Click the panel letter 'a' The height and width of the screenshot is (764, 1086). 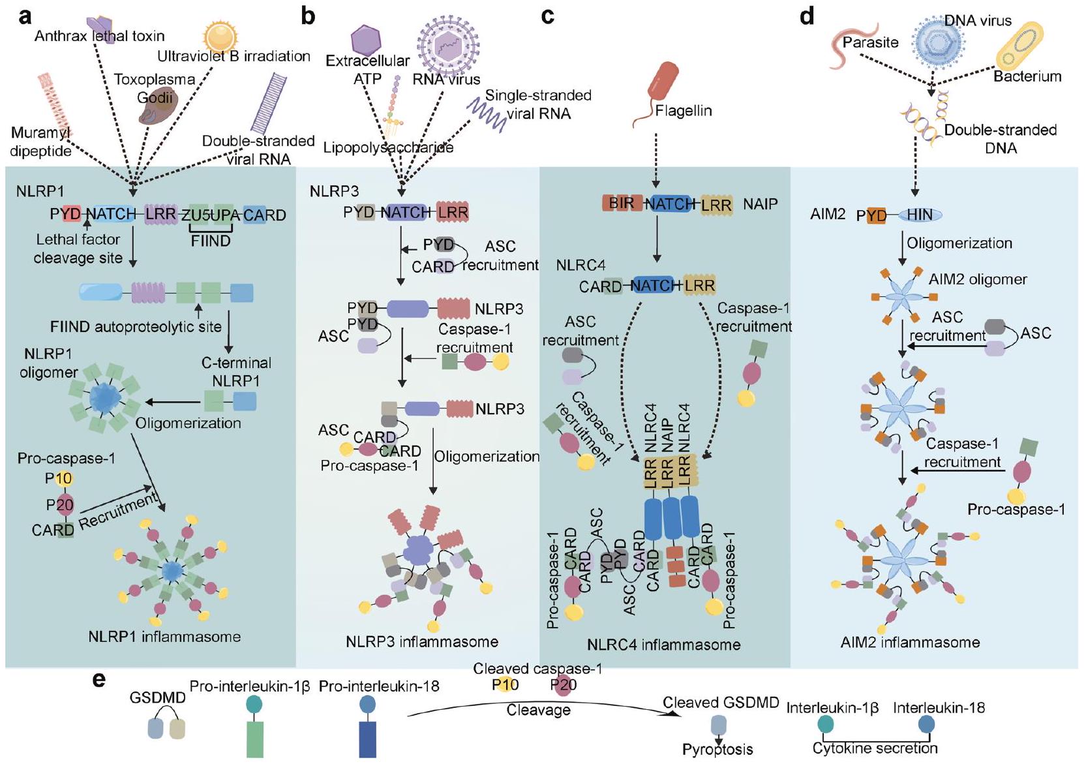(x=25, y=16)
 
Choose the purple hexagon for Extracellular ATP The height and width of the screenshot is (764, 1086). (x=366, y=40)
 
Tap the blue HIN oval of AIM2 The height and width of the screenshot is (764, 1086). (x=920, y=215)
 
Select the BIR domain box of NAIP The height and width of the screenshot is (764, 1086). (x=622, y=203)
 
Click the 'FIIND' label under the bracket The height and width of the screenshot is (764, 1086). (x=211, y=241)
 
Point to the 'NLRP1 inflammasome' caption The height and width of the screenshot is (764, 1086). (x=164, y=637)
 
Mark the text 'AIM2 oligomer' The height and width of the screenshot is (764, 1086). (x=978, y=280)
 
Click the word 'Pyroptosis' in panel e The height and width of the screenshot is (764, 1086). (x=717, y=750)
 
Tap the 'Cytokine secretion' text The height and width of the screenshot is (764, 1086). (x=875, y=748)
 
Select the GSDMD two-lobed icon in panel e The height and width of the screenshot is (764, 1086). (x=167, y=729)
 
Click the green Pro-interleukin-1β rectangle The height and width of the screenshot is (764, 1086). (x=254, y=739)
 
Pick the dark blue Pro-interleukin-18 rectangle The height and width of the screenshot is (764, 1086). (x=367, y=739)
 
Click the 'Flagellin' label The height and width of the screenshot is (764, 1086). (x=684, y=111)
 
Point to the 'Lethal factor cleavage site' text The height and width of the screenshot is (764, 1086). (x=78, y=249)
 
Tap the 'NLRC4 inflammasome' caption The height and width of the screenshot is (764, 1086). (x=663, y=645)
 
